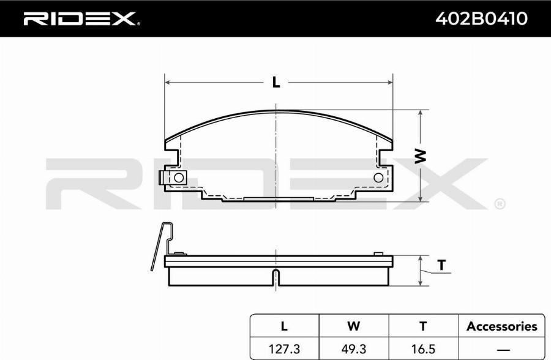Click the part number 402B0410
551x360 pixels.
[x=481, y=18]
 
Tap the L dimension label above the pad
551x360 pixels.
[x=276, y=82]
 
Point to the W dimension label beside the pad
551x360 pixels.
[x=420, y=157]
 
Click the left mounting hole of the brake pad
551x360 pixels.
[x=179, y=178]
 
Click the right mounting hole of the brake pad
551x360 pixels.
[x=378, y=178]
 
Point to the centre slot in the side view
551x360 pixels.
[x=277, y=277]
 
